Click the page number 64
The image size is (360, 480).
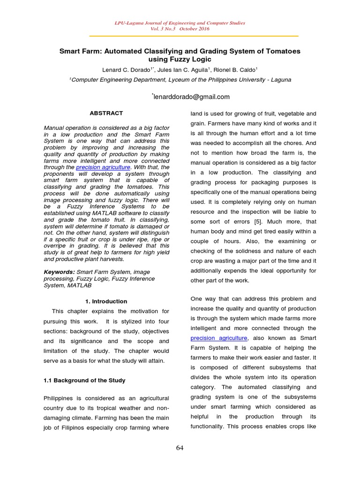(180, 448)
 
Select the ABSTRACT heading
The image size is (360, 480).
(106, 113)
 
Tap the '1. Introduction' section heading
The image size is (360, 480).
(106, 301)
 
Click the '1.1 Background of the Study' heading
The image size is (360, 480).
(84, 380)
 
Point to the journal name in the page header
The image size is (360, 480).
(180, 23)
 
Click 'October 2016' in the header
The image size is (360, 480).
(193, 29)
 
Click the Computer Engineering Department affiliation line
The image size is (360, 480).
(180, 80)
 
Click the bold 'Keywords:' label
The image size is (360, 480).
(59, 272)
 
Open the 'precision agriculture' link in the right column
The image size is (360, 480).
(219, 338)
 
